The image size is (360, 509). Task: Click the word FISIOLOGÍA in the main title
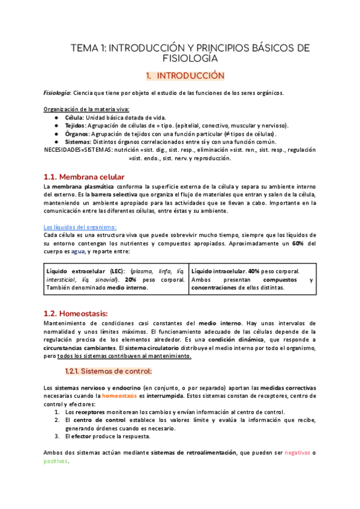(190, 59)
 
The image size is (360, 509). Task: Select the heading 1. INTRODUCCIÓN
(185, 76)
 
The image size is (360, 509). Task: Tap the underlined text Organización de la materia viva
(86, 109)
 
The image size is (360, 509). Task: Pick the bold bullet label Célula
(75, 118)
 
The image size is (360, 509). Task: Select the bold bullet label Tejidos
(76, 125)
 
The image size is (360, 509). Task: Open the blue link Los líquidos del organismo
(80, 227)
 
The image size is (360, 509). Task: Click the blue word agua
(78, 252)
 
